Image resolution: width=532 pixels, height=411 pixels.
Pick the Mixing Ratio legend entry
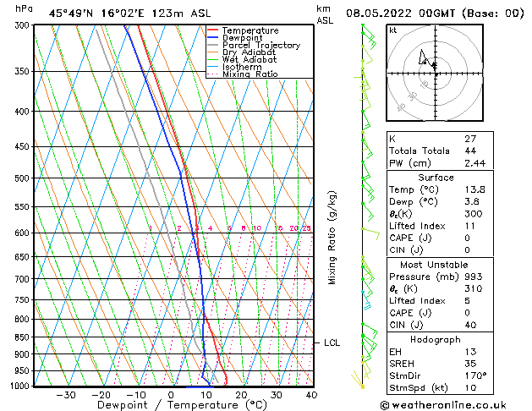[250, 74]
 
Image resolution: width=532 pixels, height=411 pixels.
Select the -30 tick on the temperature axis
[66, 395]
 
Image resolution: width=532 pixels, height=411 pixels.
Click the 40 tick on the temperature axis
[311, 395]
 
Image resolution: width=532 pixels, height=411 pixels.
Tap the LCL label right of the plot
[332, 342]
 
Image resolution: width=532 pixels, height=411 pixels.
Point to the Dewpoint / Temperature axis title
[169, 406]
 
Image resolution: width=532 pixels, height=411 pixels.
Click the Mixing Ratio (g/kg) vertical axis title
[333, 238]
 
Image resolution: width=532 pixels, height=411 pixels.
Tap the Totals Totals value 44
[469, 151]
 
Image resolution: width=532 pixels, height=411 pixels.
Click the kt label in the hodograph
[393, 30]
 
